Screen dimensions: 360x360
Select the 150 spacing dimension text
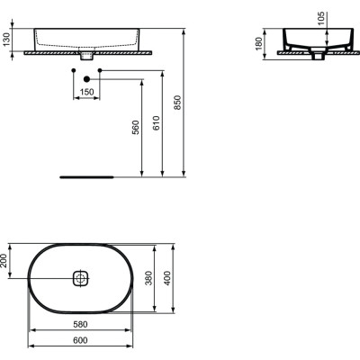(86, 91)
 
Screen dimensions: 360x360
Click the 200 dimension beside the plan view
(5, 262)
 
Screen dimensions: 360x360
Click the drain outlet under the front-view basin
(86, 57)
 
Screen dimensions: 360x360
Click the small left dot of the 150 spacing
(73, 69)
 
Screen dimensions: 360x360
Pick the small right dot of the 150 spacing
(100, 69)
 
